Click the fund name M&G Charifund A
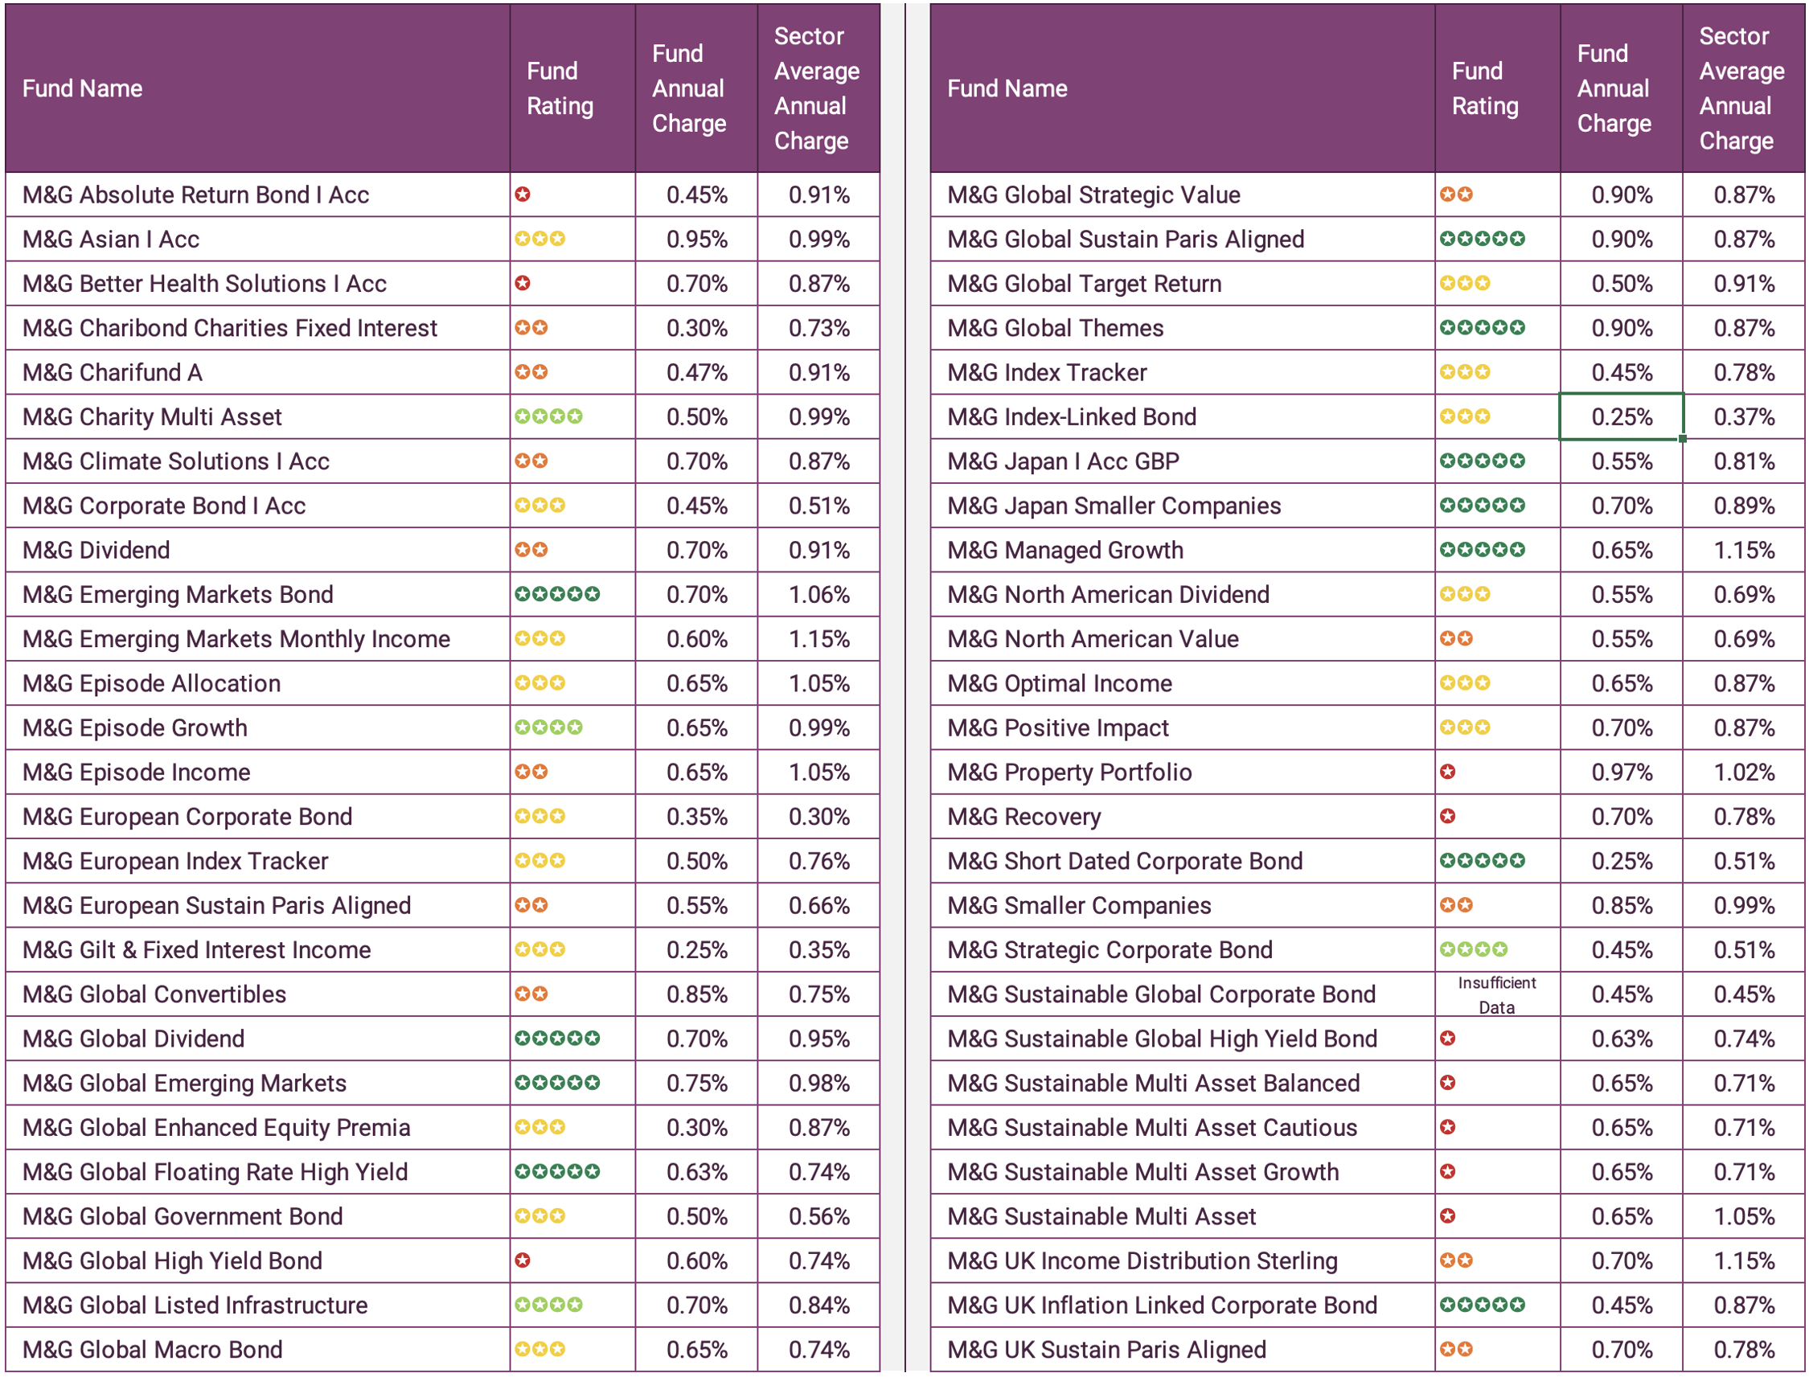113,372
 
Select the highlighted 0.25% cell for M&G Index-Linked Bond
1621,416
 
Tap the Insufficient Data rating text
1496,994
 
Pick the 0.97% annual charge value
1621,773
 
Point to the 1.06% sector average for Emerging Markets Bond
818,594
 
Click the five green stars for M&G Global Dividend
556,1039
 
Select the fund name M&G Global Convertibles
154,994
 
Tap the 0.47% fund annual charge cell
696,372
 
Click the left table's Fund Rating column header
559,88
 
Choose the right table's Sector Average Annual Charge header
1741,88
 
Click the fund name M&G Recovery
1023,817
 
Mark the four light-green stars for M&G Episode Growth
548,727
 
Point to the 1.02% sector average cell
1743,773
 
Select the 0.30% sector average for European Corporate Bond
818,817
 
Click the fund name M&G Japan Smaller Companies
1113,506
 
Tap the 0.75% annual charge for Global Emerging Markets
696,1083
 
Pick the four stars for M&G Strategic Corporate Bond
1473,950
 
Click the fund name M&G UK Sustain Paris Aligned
1105,1349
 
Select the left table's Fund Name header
82,88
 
